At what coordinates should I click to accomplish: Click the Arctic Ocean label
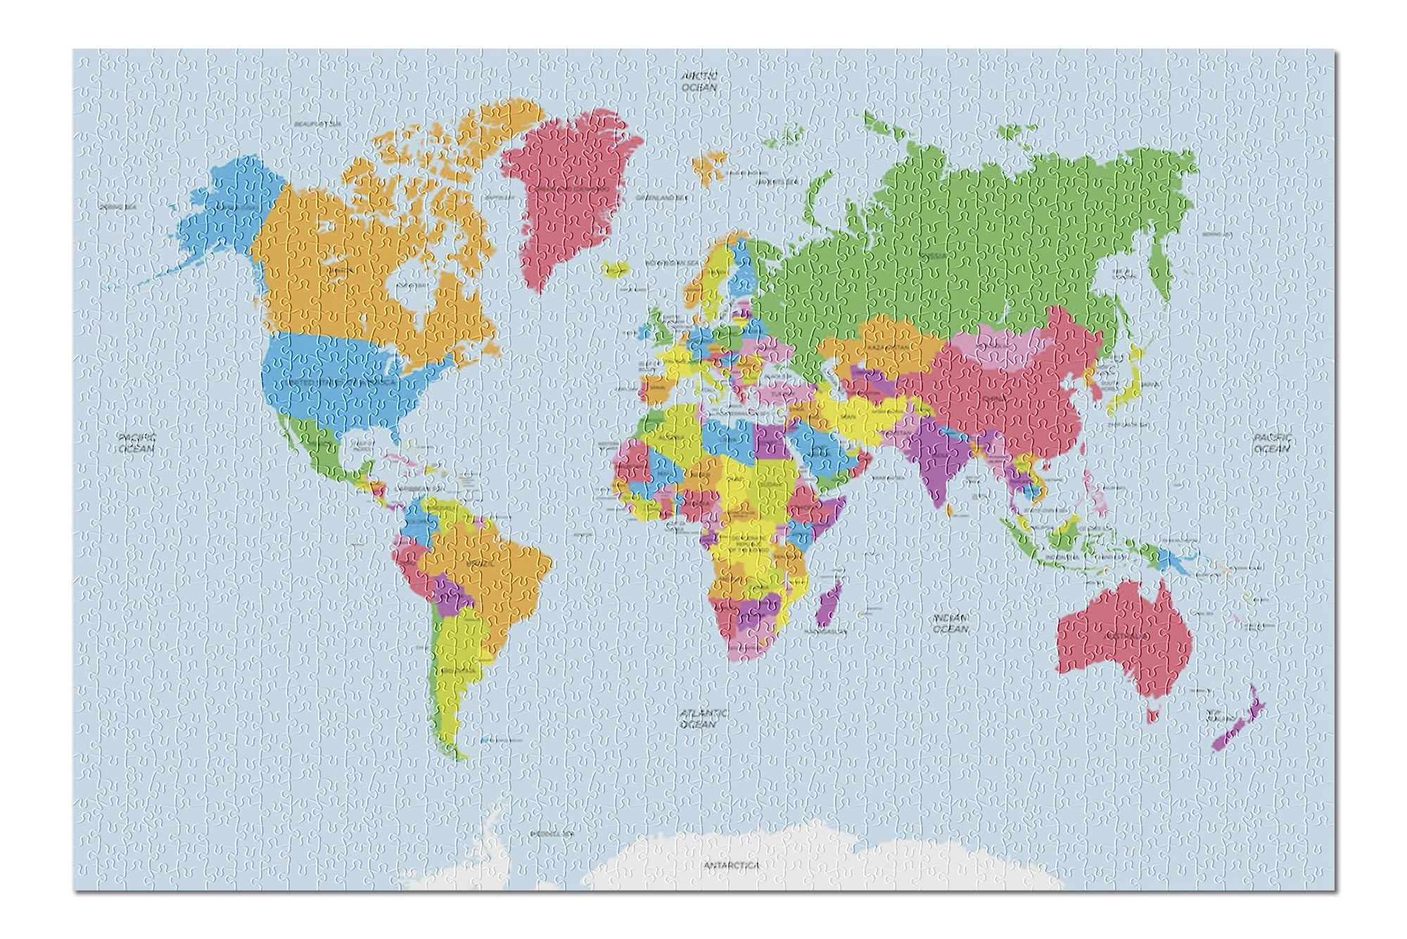699,82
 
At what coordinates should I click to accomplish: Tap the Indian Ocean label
950,623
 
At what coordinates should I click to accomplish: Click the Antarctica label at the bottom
731,866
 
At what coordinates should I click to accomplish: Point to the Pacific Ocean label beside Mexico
136,442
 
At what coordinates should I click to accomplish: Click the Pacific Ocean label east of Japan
1272,442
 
